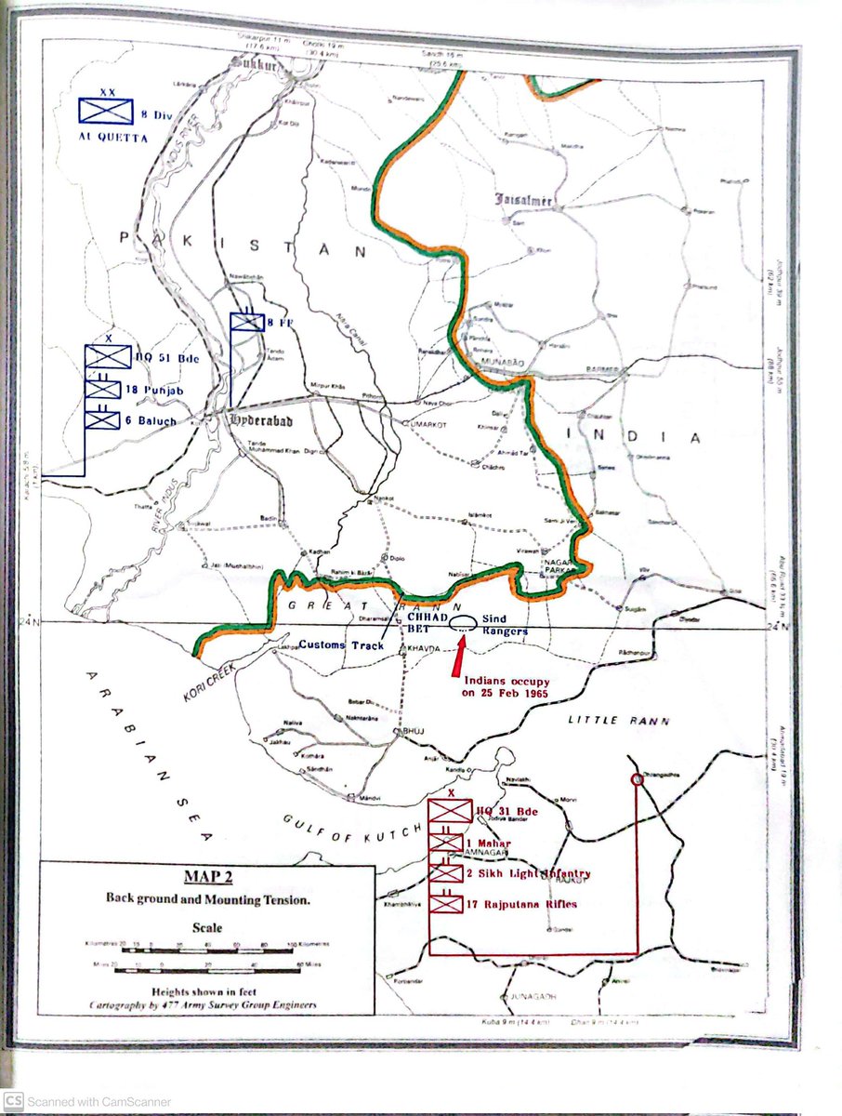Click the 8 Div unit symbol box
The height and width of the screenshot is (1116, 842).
click(x=104, y=111)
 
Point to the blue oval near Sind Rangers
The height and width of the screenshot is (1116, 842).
click(x=465, y=626)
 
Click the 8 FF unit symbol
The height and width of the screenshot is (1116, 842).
click(x=248, y=322)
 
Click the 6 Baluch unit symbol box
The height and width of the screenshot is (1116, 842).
click(x=103, y=419)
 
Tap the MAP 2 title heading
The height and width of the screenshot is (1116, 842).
click(x=207, y=879)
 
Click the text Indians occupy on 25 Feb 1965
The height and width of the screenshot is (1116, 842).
click(x=507, y=687)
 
